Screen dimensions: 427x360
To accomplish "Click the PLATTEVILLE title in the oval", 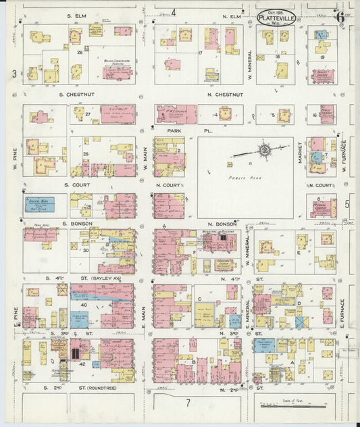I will tap(276, 18).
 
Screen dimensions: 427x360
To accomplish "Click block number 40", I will tap(84, 286).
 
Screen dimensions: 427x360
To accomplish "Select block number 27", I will tap(87, 115).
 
